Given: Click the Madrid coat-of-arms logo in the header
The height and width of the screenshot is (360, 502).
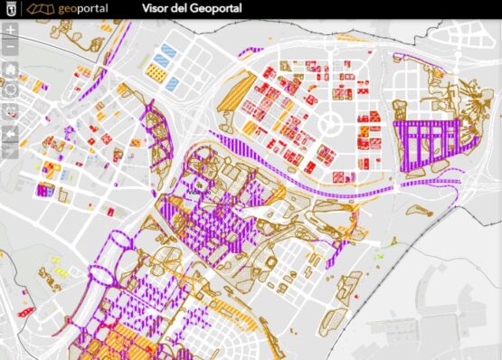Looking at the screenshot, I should coord(10,10).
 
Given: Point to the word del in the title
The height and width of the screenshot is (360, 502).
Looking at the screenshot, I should coord(188,10).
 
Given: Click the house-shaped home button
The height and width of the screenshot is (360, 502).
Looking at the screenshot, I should coord(10,69).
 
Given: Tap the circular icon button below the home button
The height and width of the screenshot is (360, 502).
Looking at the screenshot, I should coord(10,90).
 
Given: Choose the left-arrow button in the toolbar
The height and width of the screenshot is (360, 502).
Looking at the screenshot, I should coord(10,133).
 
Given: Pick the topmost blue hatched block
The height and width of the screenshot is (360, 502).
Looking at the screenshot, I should coord(166,49).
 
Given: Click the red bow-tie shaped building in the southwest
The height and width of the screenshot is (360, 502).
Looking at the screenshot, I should coord(25,312).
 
